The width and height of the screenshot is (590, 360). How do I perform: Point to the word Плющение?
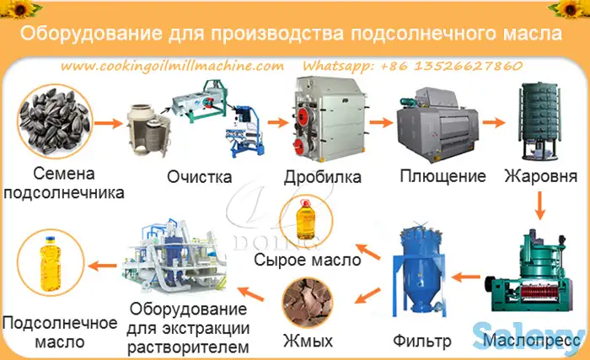coord(443,177)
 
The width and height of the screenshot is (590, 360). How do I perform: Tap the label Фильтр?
coord(423,342)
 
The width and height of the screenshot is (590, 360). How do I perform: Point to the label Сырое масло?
coord(308,261)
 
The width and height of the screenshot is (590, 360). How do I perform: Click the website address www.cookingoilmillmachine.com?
coord(171,65)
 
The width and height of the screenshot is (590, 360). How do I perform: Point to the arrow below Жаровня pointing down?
coord(542,202)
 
